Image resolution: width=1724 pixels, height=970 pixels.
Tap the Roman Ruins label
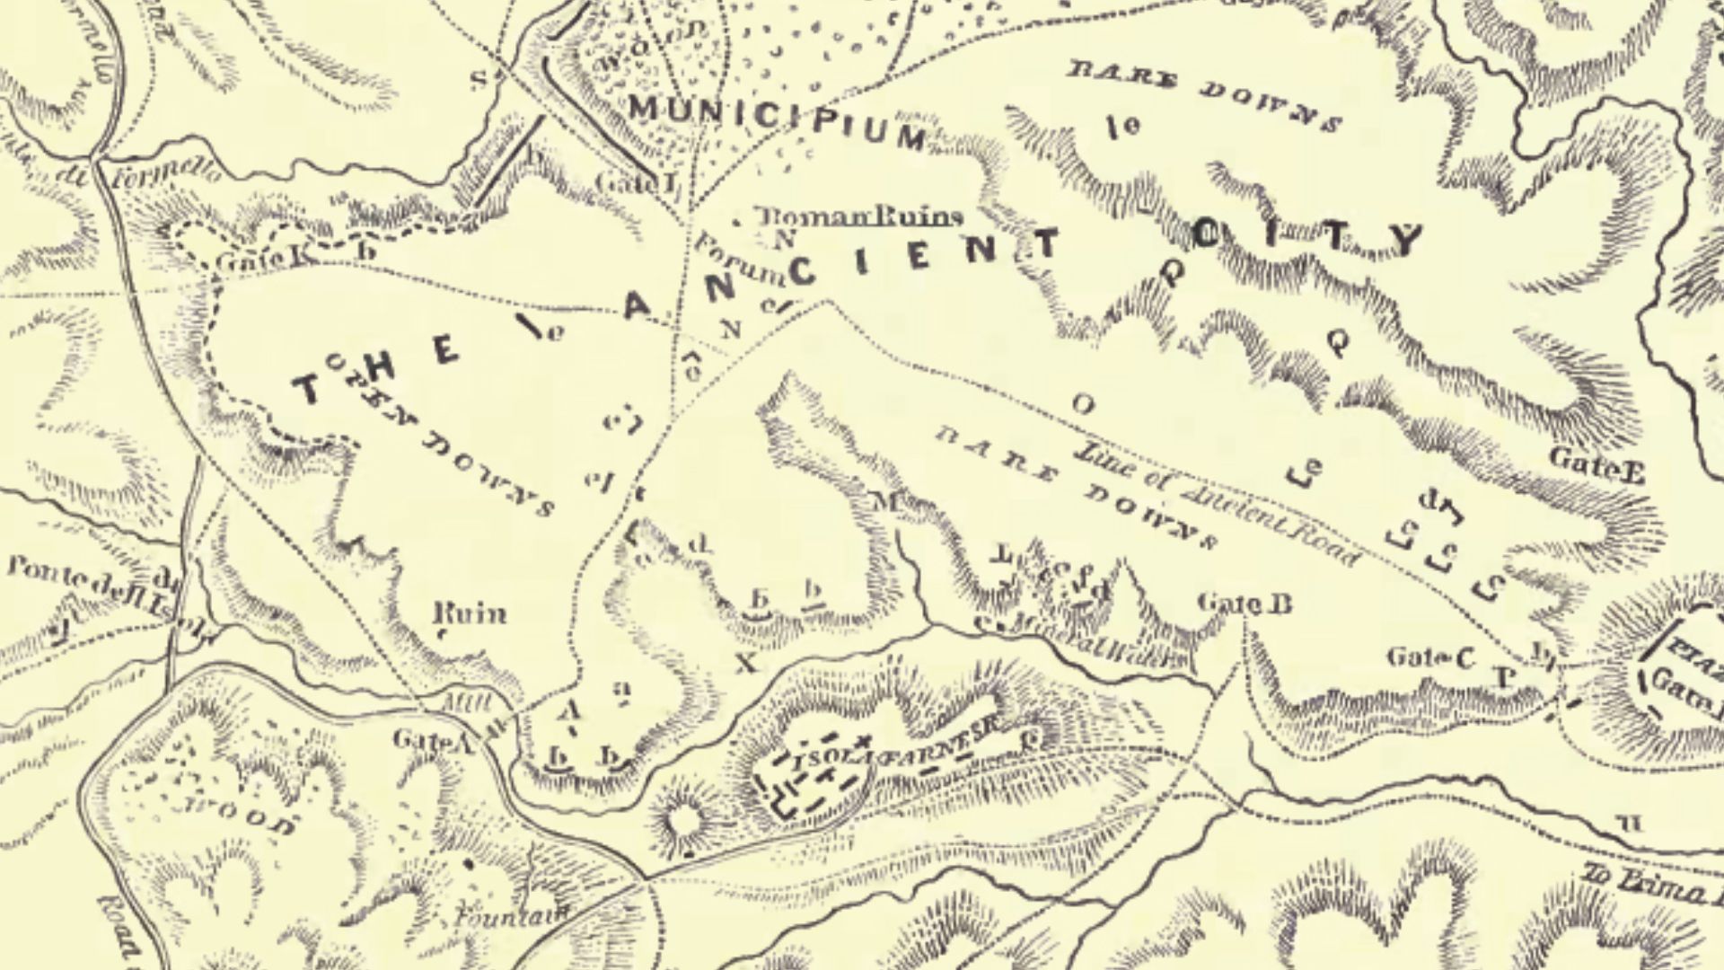point(860,216)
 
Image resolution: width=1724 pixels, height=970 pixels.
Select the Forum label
point(734,260)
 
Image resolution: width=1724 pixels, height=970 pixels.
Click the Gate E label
point(1596,463)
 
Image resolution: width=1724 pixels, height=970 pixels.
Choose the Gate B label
point(1245,603)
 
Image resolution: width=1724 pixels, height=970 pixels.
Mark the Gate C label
point(1430,658)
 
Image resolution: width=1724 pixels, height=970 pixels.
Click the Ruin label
point(470,614)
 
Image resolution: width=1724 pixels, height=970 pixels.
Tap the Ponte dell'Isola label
point(99,589)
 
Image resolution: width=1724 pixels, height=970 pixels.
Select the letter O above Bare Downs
point(1083,405)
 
